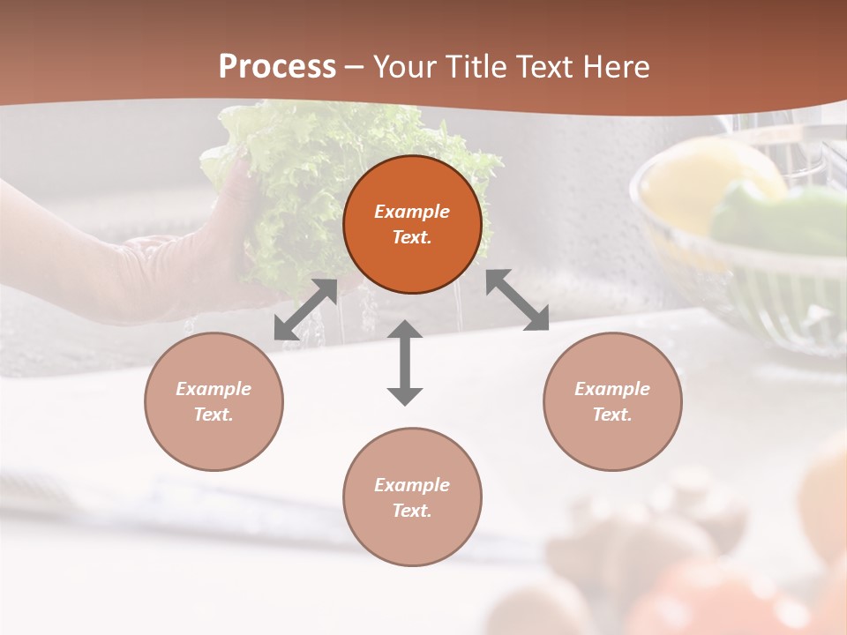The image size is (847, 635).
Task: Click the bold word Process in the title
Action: tap(277, 67)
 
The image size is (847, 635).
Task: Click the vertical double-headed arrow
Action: tap(405, 362)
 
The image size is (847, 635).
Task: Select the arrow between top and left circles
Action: tap(305, 310)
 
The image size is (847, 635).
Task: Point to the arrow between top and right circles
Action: tap(518, 300)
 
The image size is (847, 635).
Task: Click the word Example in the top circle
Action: tap(412, 212)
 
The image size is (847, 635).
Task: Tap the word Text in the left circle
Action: tap(214, 415)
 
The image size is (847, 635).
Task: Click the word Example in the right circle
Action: tap(612, 389)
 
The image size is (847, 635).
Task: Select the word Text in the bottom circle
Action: tap(412, 511)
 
